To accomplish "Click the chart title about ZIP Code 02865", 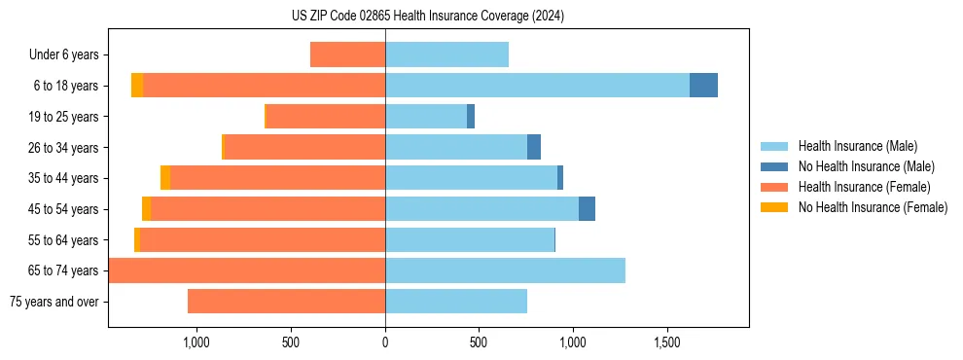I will coord(427,17).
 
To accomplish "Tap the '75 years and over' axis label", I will coord(54,302).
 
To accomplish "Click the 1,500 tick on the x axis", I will coord(666,342).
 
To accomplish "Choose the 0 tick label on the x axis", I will coord(385,342).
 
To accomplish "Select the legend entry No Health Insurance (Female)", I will coord(873,207).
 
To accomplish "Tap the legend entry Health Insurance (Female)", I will coord(865,187).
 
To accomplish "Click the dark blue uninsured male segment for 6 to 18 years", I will coord(703,86).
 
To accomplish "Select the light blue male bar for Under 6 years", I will coord(446,54).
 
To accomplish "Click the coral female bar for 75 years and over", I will coord(286,302).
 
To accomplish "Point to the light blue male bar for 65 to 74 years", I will coord(505,270).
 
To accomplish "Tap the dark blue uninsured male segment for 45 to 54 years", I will coord(587,209).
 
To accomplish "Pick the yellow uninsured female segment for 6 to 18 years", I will coord(137,86).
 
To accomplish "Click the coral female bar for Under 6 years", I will coord(347,54).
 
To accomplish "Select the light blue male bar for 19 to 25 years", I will coord(426,117).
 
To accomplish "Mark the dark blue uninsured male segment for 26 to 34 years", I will coord(534,147).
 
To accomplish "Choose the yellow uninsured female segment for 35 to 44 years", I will coord(165,178).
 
